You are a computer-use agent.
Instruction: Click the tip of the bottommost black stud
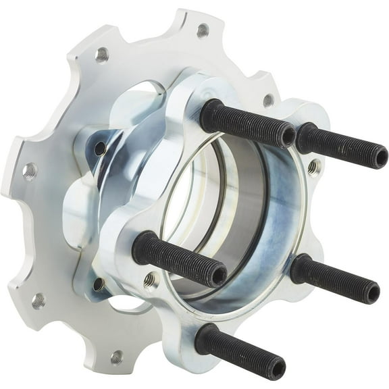click(275, 369)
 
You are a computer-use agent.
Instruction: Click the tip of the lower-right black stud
click(371, 292)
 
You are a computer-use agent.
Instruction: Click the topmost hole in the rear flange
click(202, 30)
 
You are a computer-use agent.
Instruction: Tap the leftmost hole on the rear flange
click(29, 170)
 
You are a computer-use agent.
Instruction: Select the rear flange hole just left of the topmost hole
click(103, 54)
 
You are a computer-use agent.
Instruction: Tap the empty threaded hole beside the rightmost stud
click(313, 165)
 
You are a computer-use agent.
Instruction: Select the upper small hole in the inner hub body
click(100, 147)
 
